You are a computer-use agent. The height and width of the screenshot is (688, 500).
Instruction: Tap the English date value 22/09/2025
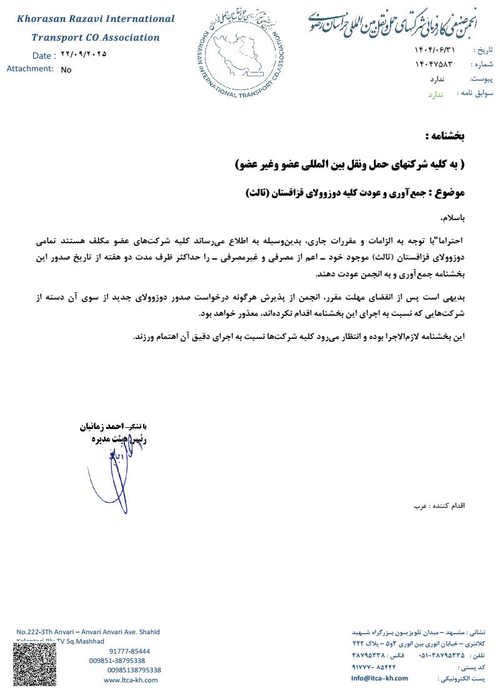tap(84, 54)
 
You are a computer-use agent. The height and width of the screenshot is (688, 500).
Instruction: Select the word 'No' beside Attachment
tap(66, 70)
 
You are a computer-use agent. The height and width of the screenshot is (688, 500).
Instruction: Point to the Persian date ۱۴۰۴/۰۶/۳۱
tap(436, 49)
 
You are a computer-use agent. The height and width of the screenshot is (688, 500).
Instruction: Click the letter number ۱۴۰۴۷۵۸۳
tap(433, 64)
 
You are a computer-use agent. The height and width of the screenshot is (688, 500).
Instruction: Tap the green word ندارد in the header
tap(435, 94)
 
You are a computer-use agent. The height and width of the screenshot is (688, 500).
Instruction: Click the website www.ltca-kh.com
tap(131, 680)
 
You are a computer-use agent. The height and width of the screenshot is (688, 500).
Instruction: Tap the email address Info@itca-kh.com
tap(379, 678)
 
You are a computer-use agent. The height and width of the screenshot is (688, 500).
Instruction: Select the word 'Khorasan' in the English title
tap(45, 19)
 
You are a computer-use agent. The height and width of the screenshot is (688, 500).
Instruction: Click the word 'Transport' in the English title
tap(57, 38)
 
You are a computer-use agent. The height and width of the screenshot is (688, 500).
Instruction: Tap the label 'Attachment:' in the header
tap(30, 69)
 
